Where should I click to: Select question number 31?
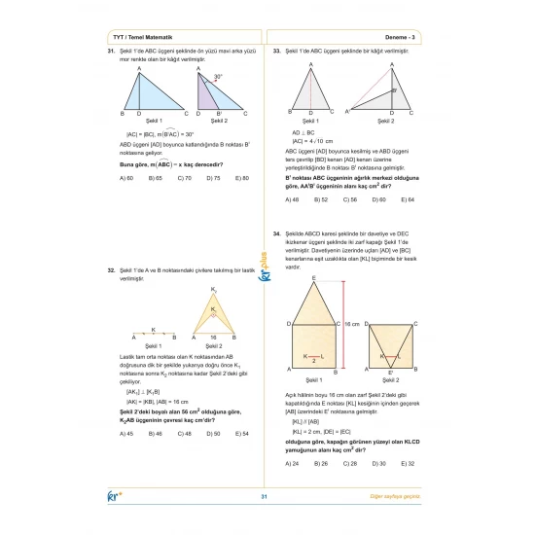point(112,51)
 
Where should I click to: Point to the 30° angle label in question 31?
point(219,76)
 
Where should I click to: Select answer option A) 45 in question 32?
point(126,433)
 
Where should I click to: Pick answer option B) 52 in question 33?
point(321,199)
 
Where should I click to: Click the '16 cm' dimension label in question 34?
point(351,325)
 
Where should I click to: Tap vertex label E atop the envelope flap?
point(313,279)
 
